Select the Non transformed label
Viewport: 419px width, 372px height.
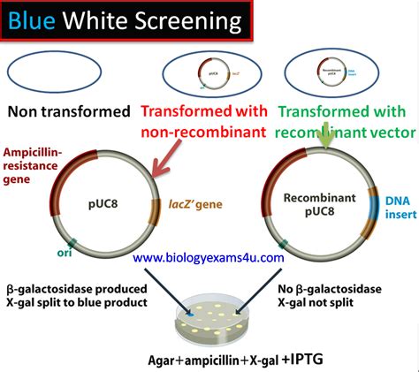pos(65,112)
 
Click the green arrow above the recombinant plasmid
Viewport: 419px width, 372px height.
pos(326,137)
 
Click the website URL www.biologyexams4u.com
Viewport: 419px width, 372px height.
pos(209,258)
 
